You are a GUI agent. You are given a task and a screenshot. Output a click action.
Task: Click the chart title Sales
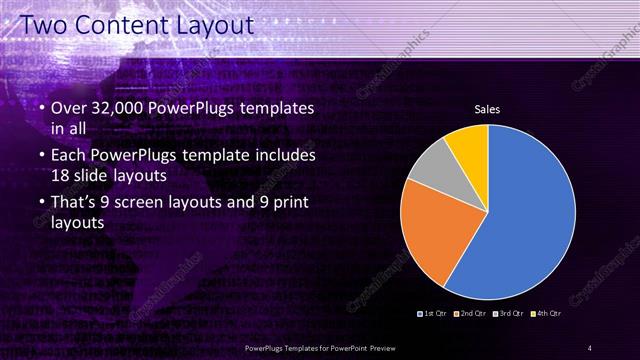pos(487,109)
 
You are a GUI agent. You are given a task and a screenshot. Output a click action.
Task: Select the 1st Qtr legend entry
pos(433,315)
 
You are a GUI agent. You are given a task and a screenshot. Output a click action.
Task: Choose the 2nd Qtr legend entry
pos(470,315)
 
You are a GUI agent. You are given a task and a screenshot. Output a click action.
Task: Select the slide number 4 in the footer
pos(590,347)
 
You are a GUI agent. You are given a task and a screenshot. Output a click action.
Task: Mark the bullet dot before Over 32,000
pos(39,108)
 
